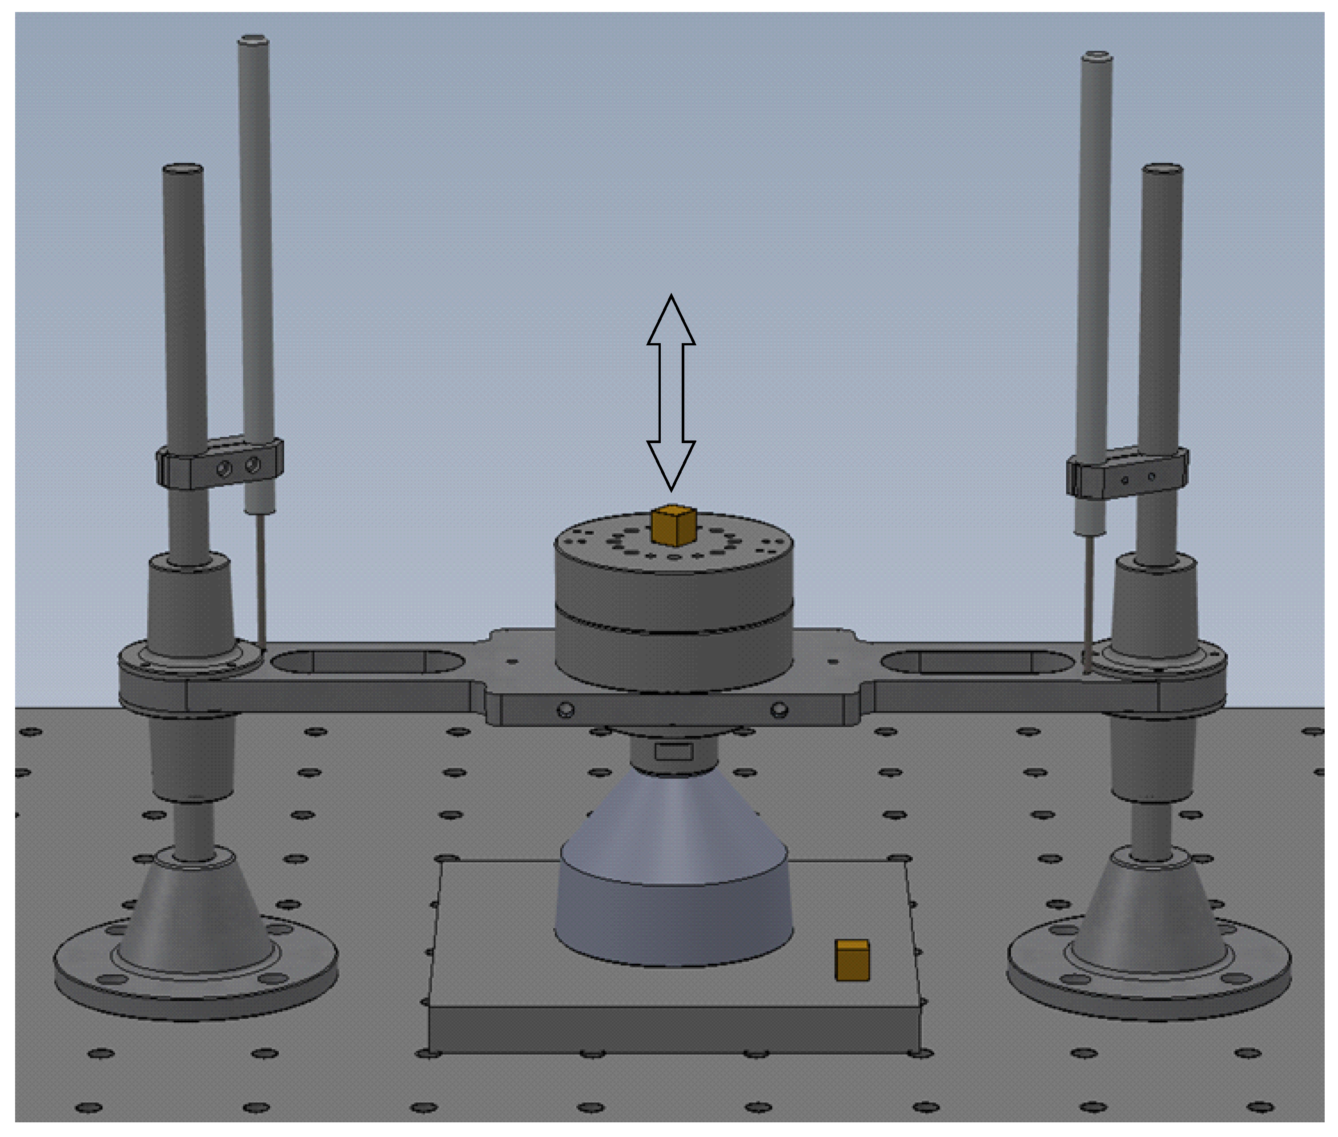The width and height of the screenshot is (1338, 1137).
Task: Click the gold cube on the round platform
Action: pos(674,525)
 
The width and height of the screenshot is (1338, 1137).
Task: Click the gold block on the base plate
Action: pos(852,961)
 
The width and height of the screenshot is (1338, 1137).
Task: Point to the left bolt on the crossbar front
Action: pos(566,710)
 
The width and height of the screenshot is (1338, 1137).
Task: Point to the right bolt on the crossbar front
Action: pos(779,710)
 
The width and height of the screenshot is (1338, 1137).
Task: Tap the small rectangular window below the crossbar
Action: pos(674,752)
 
